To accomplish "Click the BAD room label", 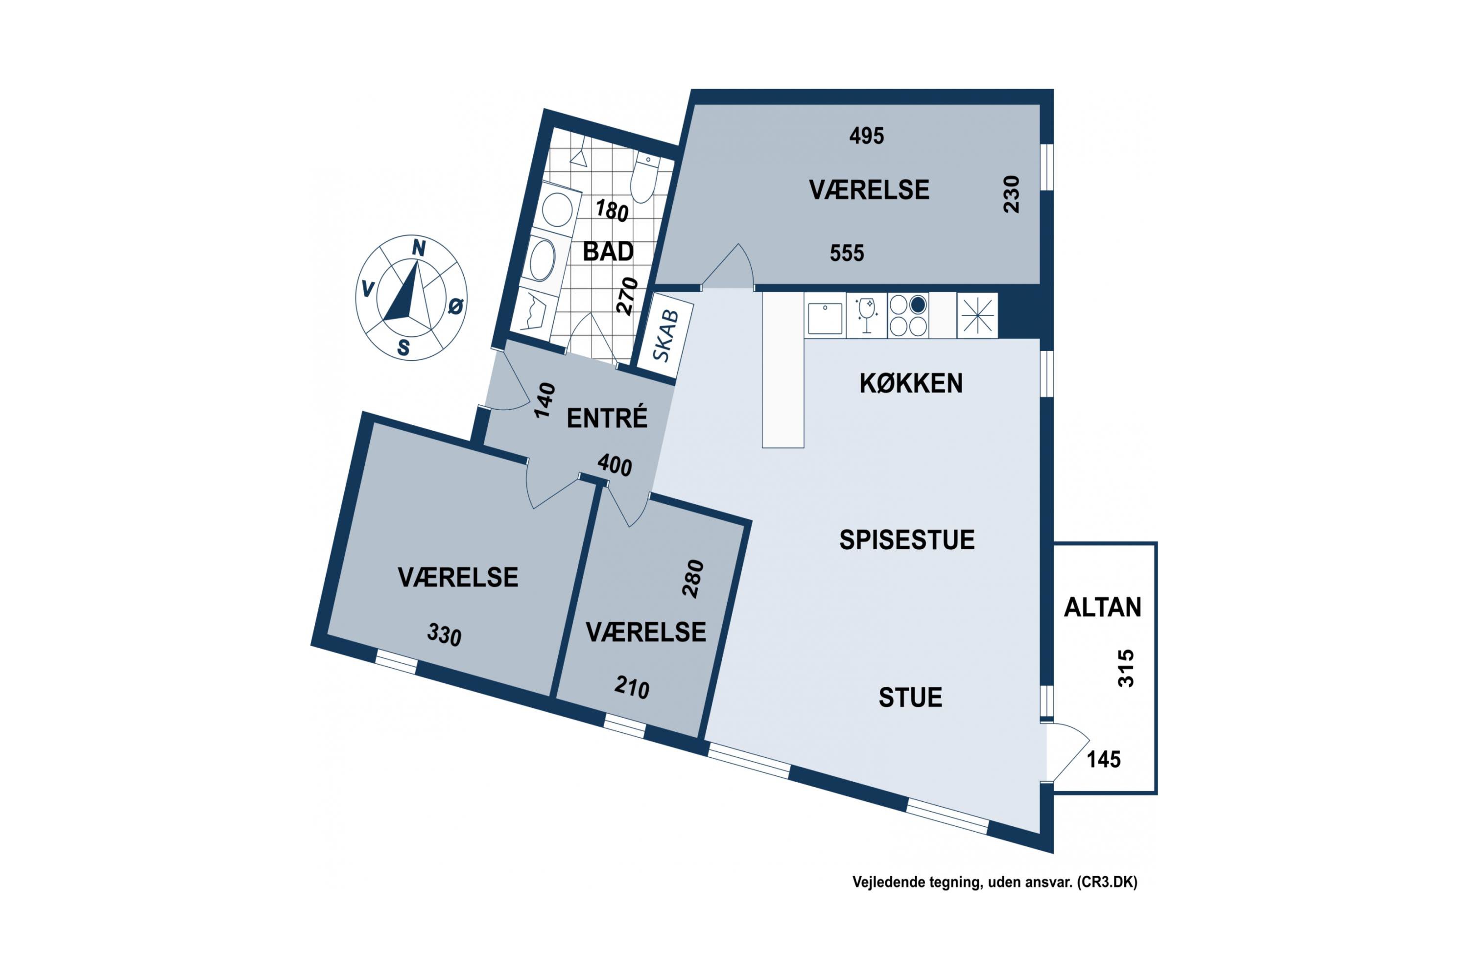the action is tap(608, 252).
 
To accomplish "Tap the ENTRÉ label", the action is tap(607, 418).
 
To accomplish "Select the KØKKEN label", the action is tap(911, 383).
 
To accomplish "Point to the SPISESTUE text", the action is tap(906, 540).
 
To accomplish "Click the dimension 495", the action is tap(866, 136).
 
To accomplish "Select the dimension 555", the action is tap(847, 253).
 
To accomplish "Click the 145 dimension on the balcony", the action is tap(1104, 759).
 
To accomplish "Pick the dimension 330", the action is tap(444, 635).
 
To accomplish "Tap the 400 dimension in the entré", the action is tap(615, 465).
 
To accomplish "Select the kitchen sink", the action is tap(825, 318).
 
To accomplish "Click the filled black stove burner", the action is tap(918, 304).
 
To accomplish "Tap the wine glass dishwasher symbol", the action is tap(866, 316).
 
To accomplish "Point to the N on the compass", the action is tap(419, 249).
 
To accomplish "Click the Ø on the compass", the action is tap(456, 306).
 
